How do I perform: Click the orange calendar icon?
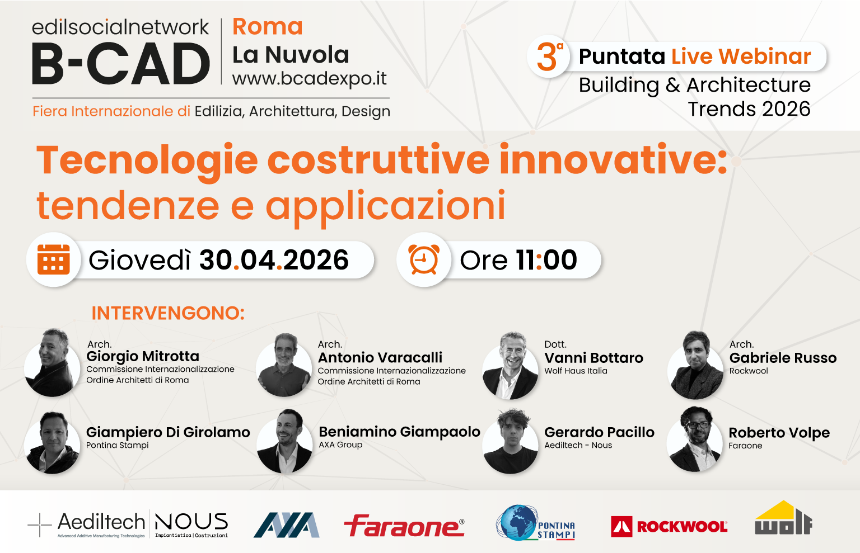(54, 260)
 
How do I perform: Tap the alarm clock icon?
(424, 260)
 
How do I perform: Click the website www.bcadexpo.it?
(309, 79)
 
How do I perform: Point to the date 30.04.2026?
(274, 260)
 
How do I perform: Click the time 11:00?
(546, 260)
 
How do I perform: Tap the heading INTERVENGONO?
(168, 313)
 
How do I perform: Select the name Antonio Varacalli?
(380, 357)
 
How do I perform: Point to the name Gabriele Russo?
(783, 358)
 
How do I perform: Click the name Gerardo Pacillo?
(599, 432)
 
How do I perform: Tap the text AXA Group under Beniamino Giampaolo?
(340, 445)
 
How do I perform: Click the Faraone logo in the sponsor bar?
(404, 526)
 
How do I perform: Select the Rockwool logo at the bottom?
(669, 526)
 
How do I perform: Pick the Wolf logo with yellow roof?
(783, 518)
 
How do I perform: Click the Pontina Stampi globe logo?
(535, 524)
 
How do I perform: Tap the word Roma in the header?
(268, 27)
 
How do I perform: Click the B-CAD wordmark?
(121, 64)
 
